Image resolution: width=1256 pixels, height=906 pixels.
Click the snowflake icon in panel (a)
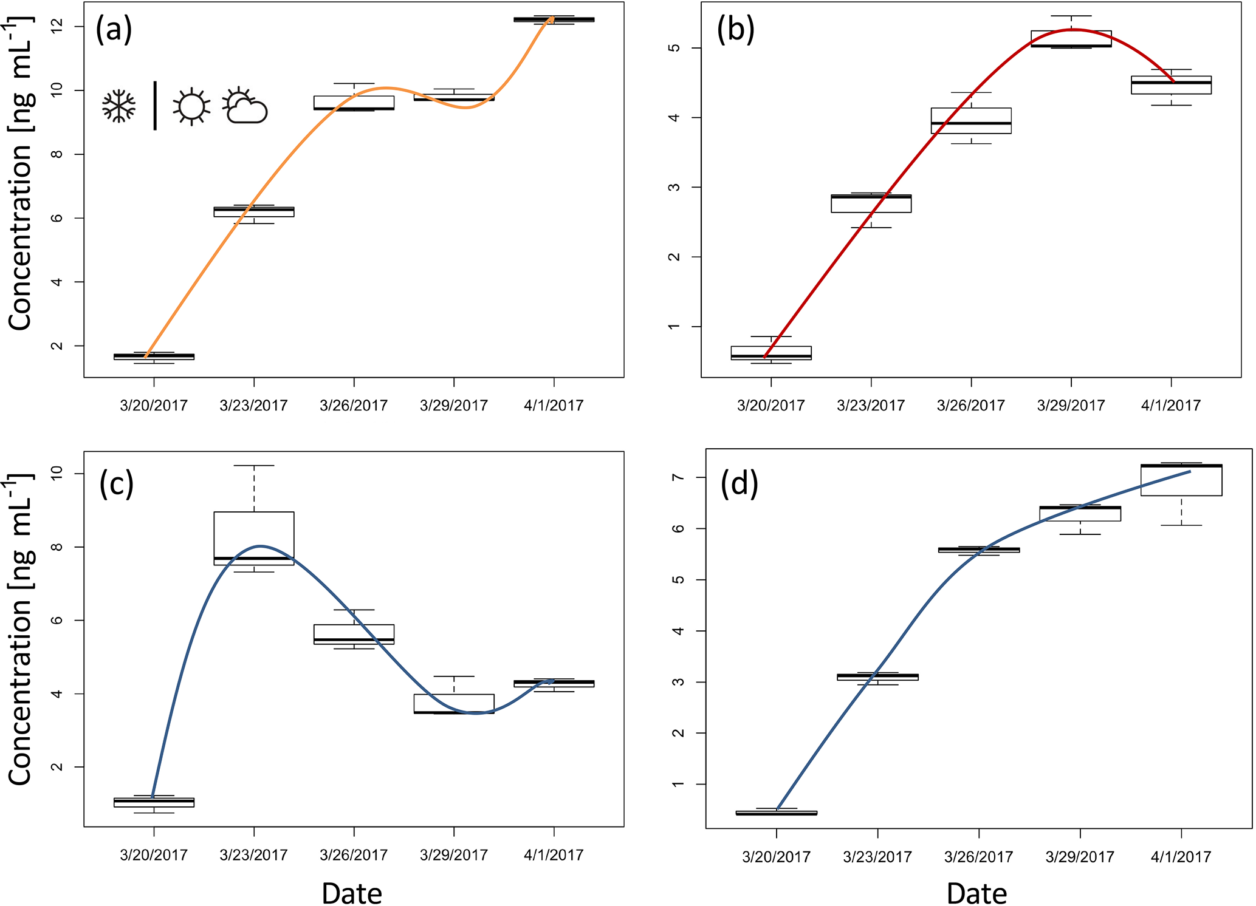pos(118,107)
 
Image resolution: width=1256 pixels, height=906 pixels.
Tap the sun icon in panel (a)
pos(191,107)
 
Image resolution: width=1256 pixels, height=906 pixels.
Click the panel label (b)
pos(735,30)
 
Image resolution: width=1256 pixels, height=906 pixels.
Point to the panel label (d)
pos(739,484)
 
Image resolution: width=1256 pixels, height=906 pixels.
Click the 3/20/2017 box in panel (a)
pos(154,356)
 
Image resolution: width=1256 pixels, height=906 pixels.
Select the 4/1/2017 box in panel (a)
pos(554,19)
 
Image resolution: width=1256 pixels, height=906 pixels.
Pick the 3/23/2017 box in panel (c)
pos(254,538)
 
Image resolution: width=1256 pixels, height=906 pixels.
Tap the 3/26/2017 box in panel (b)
pos(971,120)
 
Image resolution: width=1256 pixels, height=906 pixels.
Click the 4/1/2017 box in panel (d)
pos(1181,480)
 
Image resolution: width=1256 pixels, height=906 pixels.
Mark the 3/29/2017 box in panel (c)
pos(454,704)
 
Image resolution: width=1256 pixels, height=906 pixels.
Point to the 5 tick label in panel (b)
pos(674,48)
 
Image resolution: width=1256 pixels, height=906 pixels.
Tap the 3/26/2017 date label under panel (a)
pos(354,406)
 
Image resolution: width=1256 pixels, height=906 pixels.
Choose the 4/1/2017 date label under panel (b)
pos(1171,406)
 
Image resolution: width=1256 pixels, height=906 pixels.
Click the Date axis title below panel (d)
pos(976,893)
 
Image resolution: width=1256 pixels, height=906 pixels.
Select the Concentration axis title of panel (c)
pos(20,632)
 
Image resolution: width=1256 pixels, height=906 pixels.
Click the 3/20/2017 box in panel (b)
pos(771,353)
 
